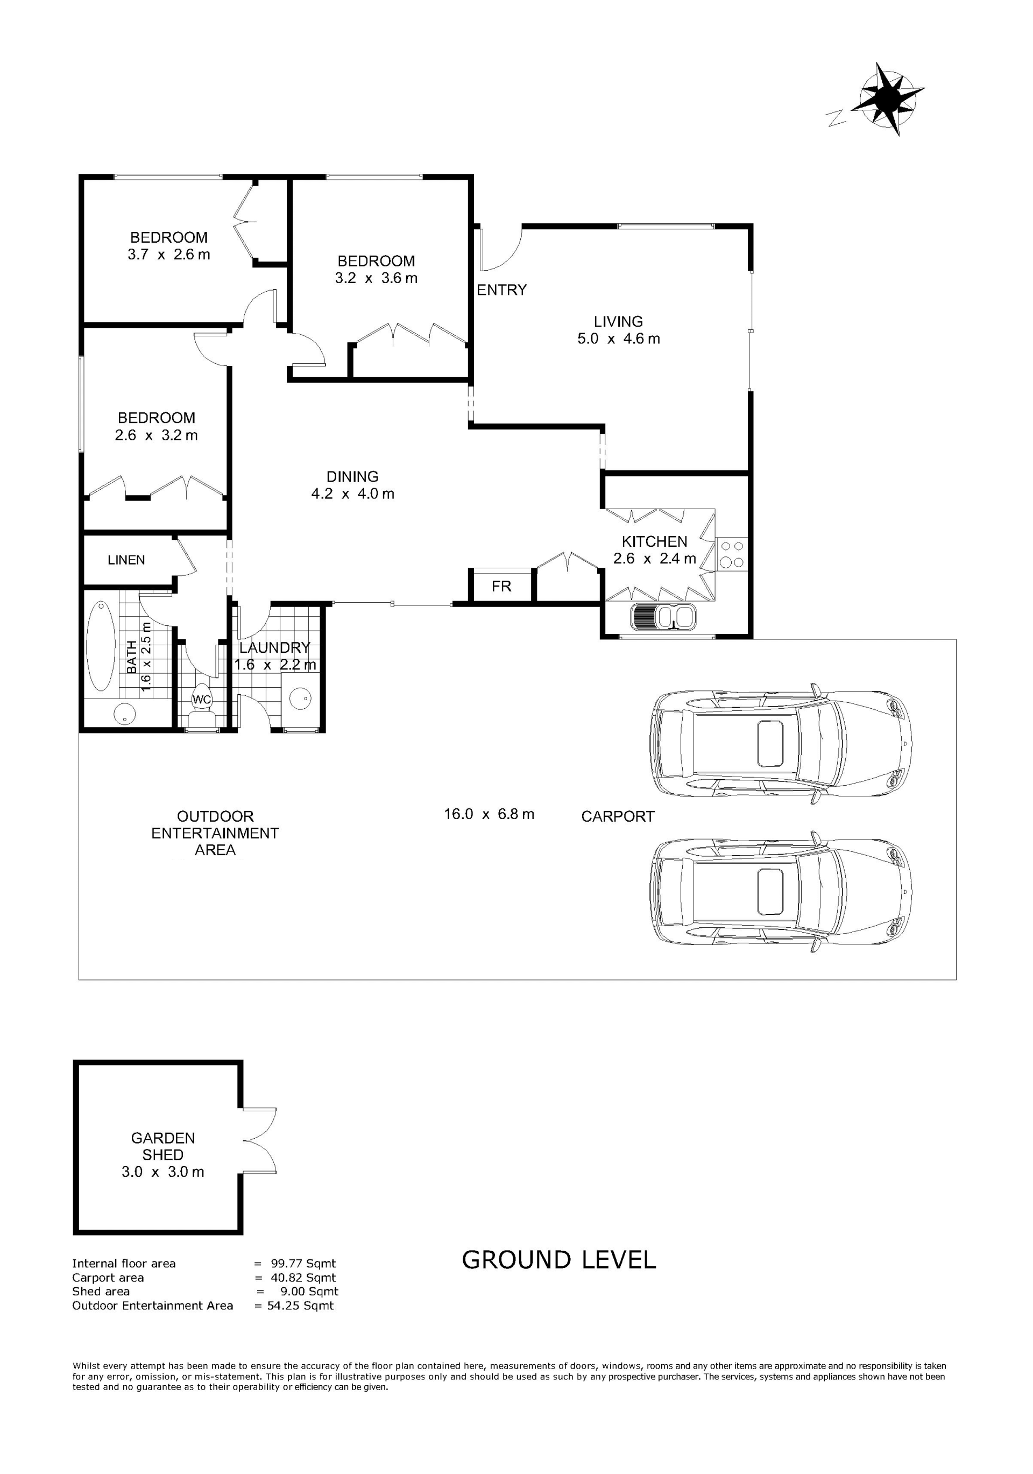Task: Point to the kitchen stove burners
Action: tap(732, 555)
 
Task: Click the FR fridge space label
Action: tap(501, 586)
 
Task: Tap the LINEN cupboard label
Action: tap(126, 560)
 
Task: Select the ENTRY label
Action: tap(501, 290)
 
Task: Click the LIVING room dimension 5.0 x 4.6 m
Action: tap(618, 339)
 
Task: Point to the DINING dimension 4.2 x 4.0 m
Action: tap(352, 493)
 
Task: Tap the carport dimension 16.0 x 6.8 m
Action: tap(489, 814)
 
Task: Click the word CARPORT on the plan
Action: tap(618, 816)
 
